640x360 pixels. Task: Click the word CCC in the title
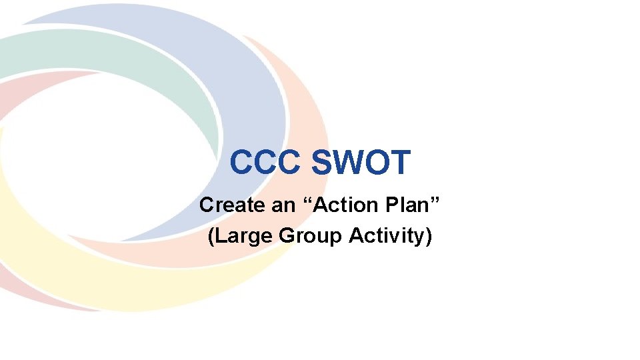pos(265,163)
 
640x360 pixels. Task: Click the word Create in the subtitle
pos(232,205)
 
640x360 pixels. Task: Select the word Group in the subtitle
pos(310,236)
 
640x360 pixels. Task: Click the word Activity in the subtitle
pos(385,236)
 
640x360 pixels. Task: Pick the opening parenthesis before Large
pos(211,236)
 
